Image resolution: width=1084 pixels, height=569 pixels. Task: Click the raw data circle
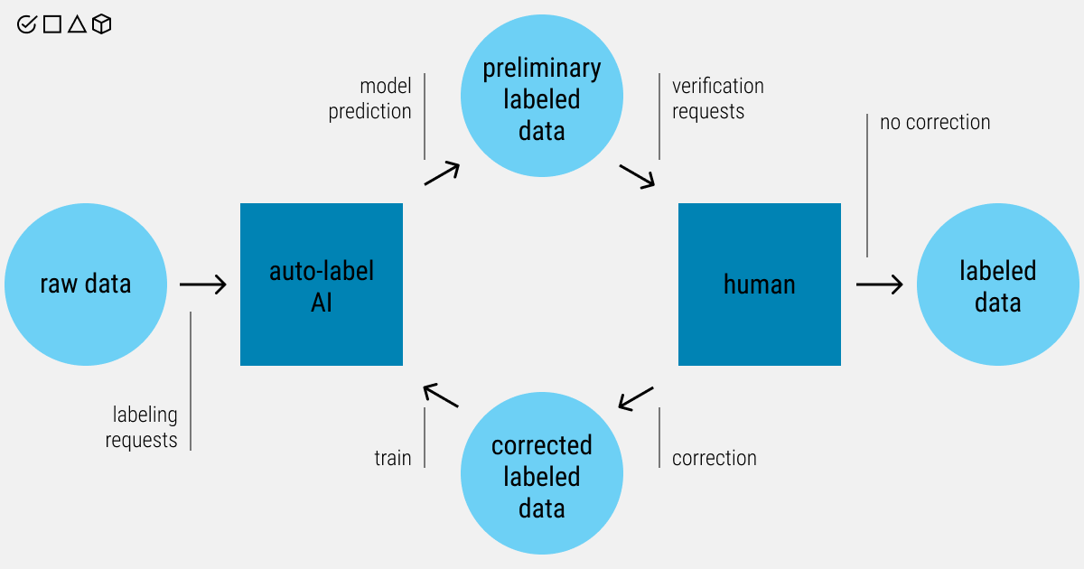tap(86, 284)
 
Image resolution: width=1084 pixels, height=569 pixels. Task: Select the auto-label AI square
tap(322, 284)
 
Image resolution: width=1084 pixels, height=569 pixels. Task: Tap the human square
tap(760, 284)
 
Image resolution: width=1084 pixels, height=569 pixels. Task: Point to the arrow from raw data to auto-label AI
tap(203, 284)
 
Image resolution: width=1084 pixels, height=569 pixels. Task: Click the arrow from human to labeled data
tap(880, 284)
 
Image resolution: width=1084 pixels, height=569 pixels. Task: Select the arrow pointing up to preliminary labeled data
tap(443, 173)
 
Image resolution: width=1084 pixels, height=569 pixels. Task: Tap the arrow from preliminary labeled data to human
tap(637, 176)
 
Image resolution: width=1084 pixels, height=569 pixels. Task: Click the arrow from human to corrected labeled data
tap(636, 398)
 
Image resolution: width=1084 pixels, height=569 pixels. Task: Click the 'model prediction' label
tap(370, 98)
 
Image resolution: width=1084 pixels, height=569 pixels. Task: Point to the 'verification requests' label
tap(717, 98)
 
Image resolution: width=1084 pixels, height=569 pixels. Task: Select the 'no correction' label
tap(935, 122)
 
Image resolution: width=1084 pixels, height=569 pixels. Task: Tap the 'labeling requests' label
tap(142, 427)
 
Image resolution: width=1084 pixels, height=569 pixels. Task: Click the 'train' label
tap(393, 458)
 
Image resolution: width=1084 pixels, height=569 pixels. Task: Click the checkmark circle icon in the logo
tap(27, 24)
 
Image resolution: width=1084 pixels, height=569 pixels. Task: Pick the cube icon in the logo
tap(102, 24)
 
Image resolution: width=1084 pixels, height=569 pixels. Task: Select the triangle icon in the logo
tap(77, 24)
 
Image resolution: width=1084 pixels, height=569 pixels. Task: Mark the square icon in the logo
tap(52, 24)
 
